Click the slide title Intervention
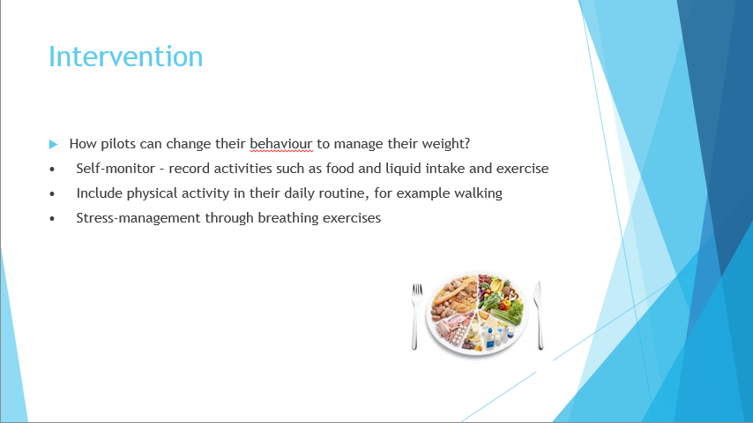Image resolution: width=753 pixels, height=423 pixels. [x=126, y=57]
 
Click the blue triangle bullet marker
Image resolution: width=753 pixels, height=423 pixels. [x=53, y=144]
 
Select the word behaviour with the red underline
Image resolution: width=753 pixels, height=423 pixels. [x=281, y=143]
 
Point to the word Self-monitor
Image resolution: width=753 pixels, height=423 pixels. [x=116, y=169]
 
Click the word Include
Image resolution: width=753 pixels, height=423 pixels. [x=100, y=193]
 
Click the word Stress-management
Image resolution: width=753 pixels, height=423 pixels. [x=138, y=217]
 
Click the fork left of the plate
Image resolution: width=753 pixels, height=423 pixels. [x=416, y=316]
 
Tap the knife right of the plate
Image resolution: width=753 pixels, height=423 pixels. [x=539, y=315]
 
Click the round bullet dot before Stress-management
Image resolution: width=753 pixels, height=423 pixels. [x=52, y=218]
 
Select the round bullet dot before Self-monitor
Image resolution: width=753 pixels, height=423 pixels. [x=52, y=170]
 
